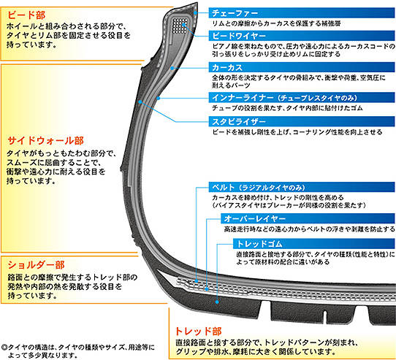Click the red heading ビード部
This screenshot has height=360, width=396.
pos(26,15)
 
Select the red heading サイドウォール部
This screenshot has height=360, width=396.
pos(46,141)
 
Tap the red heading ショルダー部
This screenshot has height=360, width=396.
pos(36,265)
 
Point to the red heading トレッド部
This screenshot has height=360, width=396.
pos(198,332)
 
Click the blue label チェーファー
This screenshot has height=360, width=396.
pos(235,13)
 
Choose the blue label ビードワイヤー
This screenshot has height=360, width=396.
pos(239,36)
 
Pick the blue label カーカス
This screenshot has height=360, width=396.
pos(227,67)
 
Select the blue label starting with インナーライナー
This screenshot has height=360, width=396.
pos(285,98)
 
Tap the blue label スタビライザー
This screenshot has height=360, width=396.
pos(239,121)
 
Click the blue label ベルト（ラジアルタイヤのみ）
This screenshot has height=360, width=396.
pos(259,188)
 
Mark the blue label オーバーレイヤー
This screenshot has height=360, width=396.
pos(255,218)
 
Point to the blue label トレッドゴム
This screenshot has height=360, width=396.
pos(259,244)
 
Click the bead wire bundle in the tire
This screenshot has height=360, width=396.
pos(180,26)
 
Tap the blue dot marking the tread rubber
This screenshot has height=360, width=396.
pos(217,302)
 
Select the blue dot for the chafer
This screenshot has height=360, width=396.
pos(195,12)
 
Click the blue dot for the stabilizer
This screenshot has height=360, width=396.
pos(140,102)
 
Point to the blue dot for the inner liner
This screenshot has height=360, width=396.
pos(159,98)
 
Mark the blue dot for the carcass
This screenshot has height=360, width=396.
pos(172,68)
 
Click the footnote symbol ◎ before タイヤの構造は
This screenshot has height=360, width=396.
pos(4,348)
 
